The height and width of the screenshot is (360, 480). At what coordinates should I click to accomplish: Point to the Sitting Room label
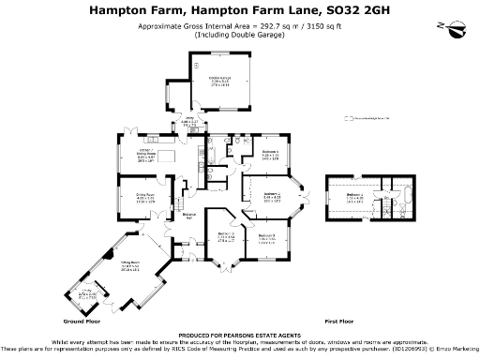click(x=129, y=266)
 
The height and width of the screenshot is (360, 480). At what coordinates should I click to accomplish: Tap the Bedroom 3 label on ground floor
click(x=265, y=236)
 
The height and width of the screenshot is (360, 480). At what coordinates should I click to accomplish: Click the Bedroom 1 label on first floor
click(x=354, y=198)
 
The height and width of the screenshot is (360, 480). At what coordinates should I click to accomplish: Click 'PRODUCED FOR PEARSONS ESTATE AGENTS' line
click(x=239, y=334)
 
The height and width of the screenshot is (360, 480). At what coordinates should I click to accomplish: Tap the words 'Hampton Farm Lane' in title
click(x=244, y=10)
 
